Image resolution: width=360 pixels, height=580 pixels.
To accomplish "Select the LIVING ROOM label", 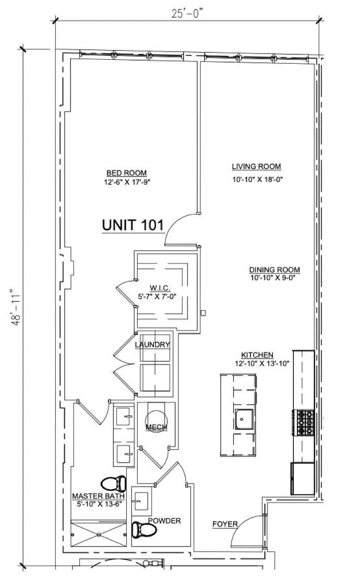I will point(257,166).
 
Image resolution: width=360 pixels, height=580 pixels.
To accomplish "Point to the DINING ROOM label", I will point(274,270).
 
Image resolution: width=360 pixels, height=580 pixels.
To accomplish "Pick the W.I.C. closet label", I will point(159,287).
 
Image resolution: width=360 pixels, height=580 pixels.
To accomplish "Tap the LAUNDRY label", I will point(153,345).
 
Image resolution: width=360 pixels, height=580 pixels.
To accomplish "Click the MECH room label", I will point(156,427).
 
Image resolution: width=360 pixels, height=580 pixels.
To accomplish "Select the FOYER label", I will point(225,523).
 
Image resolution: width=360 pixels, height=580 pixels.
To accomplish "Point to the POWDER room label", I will point(164,521).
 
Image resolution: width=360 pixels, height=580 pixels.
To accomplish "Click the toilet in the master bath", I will point(114,483).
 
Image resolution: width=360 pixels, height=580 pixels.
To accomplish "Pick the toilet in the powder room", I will point(144,530).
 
